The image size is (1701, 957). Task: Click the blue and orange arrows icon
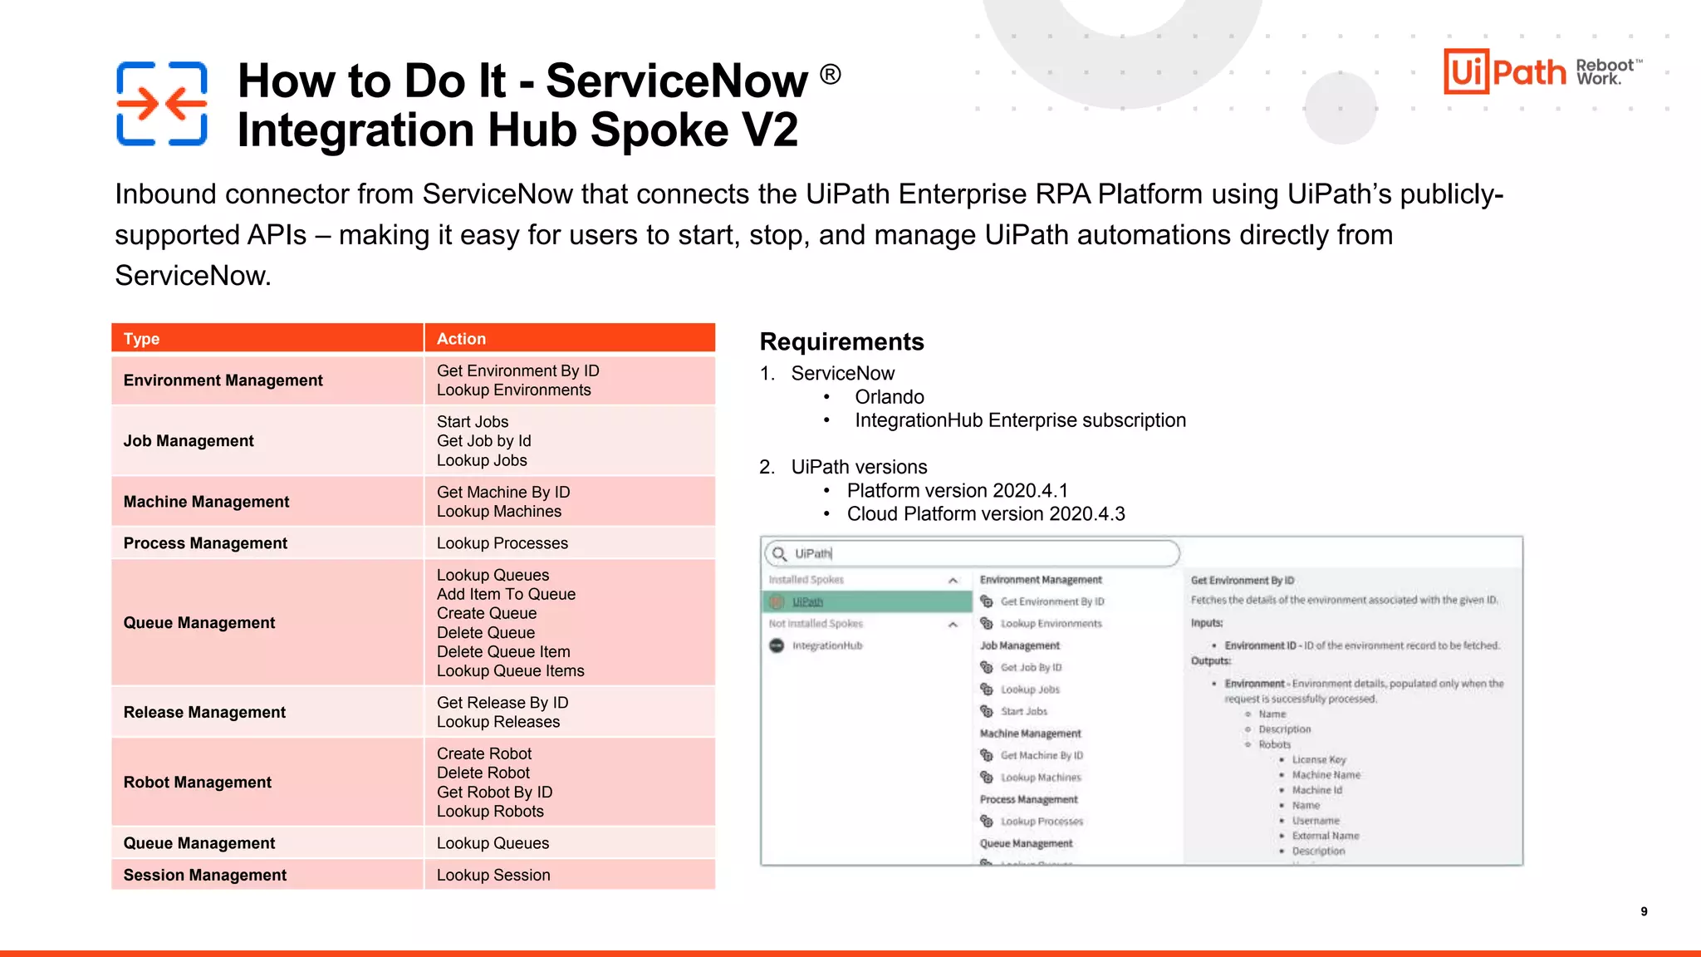pos(161,104)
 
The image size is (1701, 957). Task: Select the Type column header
pos(142,339)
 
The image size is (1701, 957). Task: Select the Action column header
pos(461,339)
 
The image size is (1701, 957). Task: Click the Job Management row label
pos(189,441)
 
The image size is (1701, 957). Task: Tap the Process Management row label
pos(205,543)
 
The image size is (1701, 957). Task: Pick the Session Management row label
pos(205,875)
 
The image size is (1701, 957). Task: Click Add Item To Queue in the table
pos(506,594)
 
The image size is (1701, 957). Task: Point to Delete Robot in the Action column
pos(483,773)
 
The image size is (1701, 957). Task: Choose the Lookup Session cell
pos(493,875)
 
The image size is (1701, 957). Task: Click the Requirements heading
pos(841,341)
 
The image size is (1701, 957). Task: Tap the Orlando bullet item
pos(890,397)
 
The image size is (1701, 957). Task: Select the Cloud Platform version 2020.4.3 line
pos(986,514)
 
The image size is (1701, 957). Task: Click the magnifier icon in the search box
pos(779,553)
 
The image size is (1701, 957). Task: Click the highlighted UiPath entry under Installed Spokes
pos(807,601)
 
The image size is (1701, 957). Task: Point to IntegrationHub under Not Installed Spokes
pos(827,645)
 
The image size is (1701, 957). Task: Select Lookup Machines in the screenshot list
pos(1041,778)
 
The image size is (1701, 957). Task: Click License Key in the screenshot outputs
pos(1319,759)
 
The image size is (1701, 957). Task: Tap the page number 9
pos(1644,911)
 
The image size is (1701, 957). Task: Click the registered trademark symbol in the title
pos(831,75)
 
